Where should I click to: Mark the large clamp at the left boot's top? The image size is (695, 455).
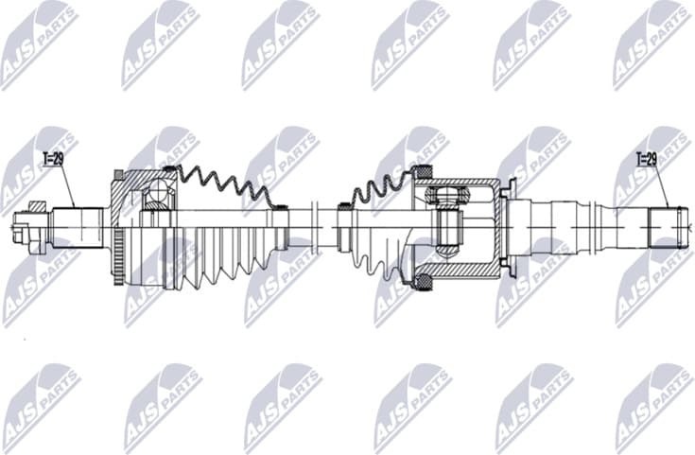coord(170,171)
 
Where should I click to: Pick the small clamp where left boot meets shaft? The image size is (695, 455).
coord(279,205)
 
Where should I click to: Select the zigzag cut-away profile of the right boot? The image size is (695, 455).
coord(378,189)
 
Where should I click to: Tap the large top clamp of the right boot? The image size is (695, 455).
coord(424,172)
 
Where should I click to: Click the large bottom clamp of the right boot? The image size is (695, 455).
coord(424,280)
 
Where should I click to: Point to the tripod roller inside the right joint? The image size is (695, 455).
coord(446,198)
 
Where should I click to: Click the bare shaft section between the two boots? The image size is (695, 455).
coord(312,227)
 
